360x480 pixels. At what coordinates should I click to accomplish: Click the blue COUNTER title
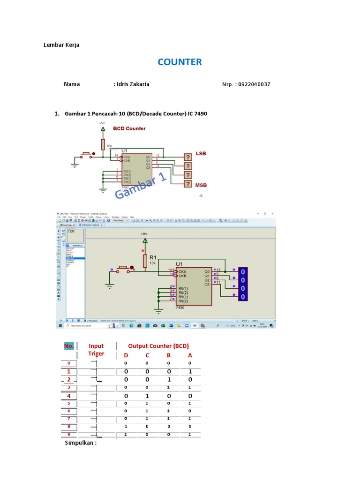click(x=180, y=62)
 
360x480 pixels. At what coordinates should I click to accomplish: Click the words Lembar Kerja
click(x=61, y=45)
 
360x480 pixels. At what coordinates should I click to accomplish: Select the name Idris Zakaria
click(x=133, y=84)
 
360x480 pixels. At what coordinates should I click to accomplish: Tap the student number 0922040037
click(x=254, y=84)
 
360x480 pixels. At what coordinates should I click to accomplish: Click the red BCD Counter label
click(x=129, y=128)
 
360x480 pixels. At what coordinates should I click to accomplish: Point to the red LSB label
click(x=201, y=153)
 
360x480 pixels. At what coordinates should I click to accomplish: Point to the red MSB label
click(x=201, y=185)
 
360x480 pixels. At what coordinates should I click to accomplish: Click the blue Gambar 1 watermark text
click(x=141, y=186)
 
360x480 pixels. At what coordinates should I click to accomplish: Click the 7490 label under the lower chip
click(x=180, y=307)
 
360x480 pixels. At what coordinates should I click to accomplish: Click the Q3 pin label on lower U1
click(x=207, y=284)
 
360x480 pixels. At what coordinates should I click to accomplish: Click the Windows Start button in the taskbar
click(x=60, y=325)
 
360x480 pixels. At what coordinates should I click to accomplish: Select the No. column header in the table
click(x=69, y=346)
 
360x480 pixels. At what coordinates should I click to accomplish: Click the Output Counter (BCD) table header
click(x=158, y=346)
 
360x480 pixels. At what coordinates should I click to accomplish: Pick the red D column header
click(x=126, y=355)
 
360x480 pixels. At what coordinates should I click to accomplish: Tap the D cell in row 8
click(x=126, y=427)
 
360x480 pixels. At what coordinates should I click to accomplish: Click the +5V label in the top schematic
click(x=102, y=123)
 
